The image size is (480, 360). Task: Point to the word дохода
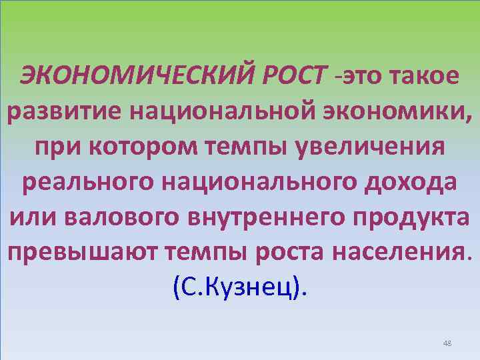[x=407, y=182]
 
